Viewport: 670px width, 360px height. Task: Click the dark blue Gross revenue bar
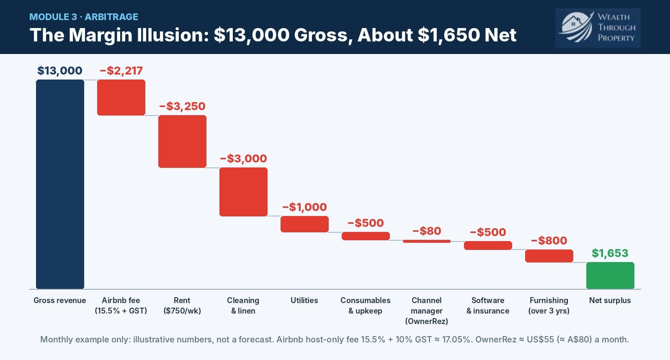pos(60,184)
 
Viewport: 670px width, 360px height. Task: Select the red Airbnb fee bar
pos(121,98)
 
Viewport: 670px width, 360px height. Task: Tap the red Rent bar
pos(182,141)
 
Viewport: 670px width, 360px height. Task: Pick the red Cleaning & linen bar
pos(243,192)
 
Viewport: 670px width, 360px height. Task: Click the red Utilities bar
pos(304,224)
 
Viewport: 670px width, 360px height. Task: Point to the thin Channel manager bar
pos(427,241)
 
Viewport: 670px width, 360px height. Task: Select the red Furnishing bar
pos(549,256)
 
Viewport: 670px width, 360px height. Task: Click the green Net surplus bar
pos(610,275)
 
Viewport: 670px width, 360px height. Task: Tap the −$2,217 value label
pos(121,71)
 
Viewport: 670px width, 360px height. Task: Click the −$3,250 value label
pos(182,106)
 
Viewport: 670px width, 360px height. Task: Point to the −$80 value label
pos(427,231)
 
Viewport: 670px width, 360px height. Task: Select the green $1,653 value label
pos(610,253)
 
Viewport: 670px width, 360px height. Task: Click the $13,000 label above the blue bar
pos(60,71)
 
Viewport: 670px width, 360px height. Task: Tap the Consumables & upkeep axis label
pos(366,306)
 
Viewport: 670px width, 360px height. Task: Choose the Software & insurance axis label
pos(488,306)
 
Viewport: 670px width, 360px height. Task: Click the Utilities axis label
pos(304,300)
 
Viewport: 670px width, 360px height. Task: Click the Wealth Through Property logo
pos(598,28)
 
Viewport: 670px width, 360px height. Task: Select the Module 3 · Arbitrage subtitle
pos(84,17)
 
